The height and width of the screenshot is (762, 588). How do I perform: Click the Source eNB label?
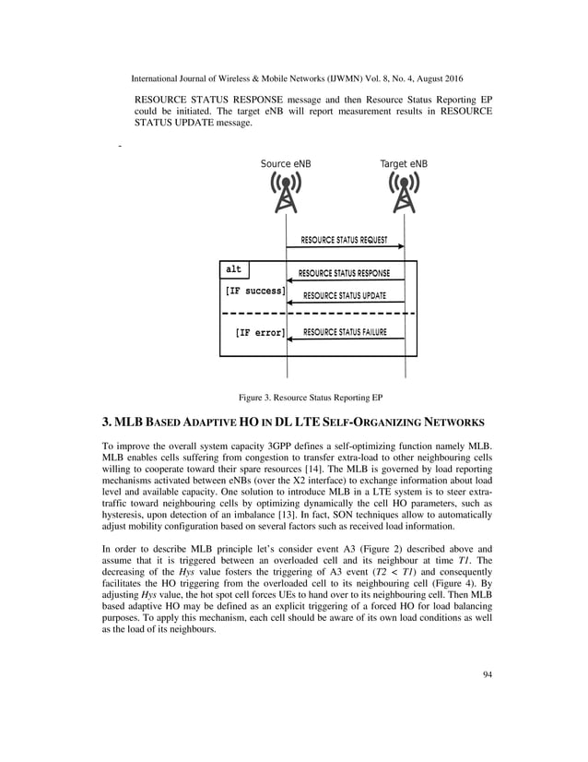pyautogui.click(x=286, y=164)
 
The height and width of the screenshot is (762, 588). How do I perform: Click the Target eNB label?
pyautogui.click(x=404, y=164)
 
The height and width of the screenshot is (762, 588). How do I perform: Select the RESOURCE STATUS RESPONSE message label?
pyautogui.click(x=344, y=274)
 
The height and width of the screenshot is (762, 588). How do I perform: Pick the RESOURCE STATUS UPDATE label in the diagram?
pyautogui.click(x=344, y=296)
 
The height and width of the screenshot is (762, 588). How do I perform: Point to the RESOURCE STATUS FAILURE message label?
pyautogui.click(x=345, y=332)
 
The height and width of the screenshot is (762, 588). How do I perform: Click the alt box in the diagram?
pyautogui.click(x=234, y=269)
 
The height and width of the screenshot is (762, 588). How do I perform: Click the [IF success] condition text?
pyautogui.click(x=255, y=292)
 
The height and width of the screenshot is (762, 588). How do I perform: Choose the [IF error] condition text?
pyautogui.click(x=260, y=332)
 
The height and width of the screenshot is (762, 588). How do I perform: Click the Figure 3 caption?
pyautogui.click(x=311, y=398)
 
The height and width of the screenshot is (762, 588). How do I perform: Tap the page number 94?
pyautogui.click(x=488, y=674)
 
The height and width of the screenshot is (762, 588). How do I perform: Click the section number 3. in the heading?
pyautogui.click(x=106, y=423)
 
